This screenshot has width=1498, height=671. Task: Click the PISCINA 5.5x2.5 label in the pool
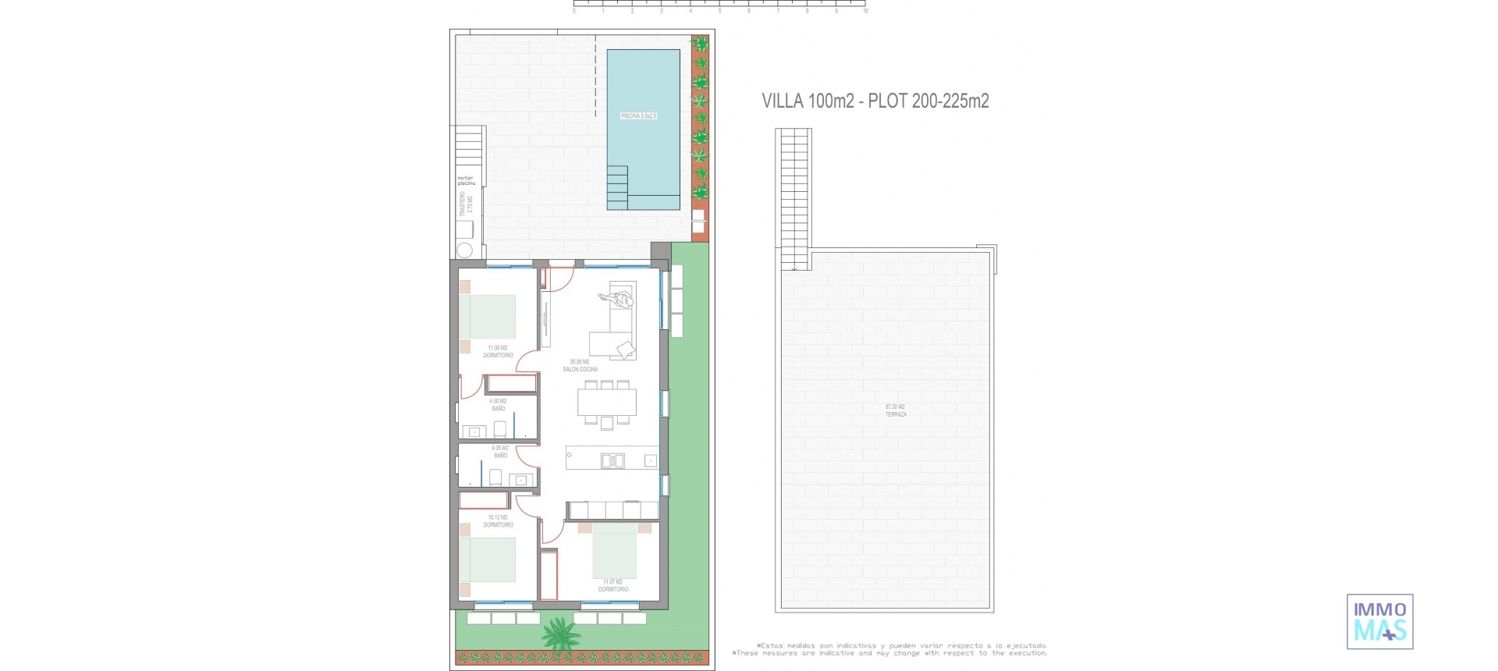(638, 116)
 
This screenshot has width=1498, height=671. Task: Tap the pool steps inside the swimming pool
(617, 187)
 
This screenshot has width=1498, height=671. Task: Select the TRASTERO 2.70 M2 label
(466, 204)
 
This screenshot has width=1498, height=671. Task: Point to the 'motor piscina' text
(466, 180)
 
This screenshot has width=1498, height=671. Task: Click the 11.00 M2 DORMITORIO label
(498, 352)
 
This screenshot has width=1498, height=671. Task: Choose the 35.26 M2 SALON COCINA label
(580, 366)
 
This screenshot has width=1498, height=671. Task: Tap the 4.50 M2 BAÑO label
(498, 405)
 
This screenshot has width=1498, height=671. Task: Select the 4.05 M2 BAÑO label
(500, 452)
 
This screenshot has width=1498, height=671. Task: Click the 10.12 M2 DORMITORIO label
(498, 521)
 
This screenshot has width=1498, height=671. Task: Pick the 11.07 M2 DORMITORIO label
(613, 586)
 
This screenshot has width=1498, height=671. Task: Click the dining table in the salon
(607, 402)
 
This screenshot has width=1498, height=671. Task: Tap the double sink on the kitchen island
(612, 461)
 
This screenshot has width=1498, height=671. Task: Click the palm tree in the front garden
(560, 634)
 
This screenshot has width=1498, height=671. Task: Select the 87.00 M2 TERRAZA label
(895, 410)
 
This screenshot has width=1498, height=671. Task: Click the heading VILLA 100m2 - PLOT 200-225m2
(875, 101)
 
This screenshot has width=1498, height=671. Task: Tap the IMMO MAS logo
(1379, 622)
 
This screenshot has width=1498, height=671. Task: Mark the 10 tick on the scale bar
(865, 10)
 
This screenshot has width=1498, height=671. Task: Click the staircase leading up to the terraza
(793, 199)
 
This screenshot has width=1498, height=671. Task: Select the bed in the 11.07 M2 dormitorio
(615, 551)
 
